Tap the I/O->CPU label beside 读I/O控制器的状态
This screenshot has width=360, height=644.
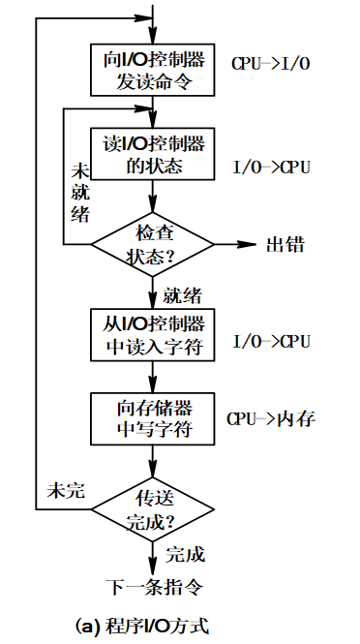[x=271, y=168]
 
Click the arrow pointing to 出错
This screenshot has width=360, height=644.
[x=238, y=245]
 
